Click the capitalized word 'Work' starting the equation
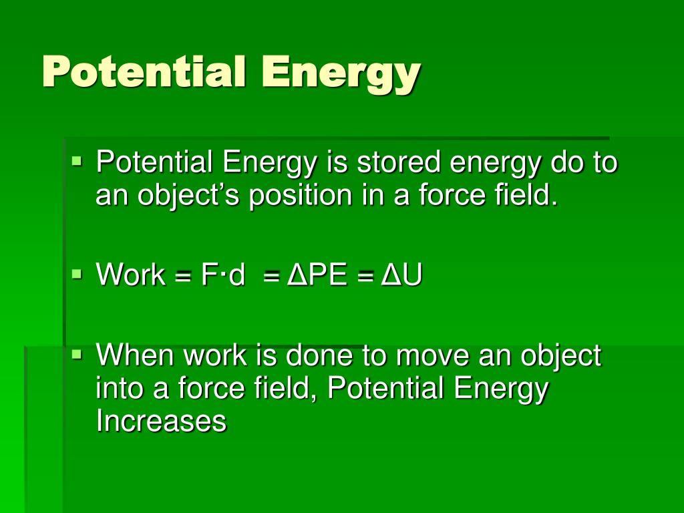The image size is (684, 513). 131,275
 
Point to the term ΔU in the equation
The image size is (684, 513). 401,275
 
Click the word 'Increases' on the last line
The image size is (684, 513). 161,421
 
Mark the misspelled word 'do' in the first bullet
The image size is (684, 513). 563,162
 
